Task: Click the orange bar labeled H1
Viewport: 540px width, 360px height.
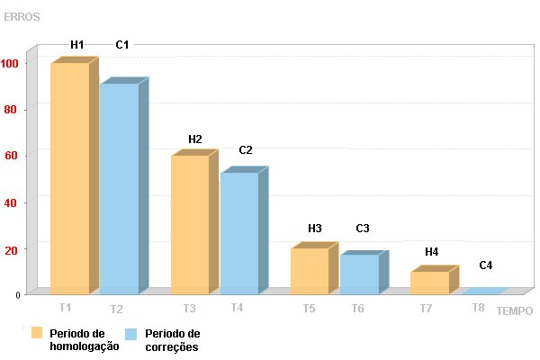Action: pyautogui.click(x=75, y=175)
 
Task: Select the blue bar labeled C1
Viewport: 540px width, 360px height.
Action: pyautogui.click(x=124, y=186)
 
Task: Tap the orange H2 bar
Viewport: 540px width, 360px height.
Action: pyautogui.click(x=194, y=222)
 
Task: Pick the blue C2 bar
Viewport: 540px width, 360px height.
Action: pyautogui.click(x=244, y=230)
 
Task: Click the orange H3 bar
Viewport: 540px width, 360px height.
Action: pyautogui.click(x=314, y=268)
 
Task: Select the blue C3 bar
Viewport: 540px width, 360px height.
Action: pyautogui.click(x=364, y=273)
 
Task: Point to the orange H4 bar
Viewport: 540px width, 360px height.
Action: pyautogui.click(x=435, y=280)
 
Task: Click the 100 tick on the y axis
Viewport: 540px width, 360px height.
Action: pyautogui.click(x=9, y=63)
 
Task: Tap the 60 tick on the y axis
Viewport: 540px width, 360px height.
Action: pyautogui.click(x=11, y=156)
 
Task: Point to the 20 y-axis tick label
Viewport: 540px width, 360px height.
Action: pyautogui.click(x=11, y=250)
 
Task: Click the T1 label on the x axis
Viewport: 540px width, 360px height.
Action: pyautogui.click(x=66, y=307)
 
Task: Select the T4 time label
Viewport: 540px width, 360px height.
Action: pyautogui.click(x=237, y=307)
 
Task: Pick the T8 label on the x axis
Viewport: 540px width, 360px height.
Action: pyautogui.click(x=479, y=307)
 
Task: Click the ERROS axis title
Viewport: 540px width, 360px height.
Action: pyautogui.click(x=22, y=17)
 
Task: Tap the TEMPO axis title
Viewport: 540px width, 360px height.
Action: pyautogui.click(x=515, y=311)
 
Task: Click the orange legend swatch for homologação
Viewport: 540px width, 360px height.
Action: pyautogui.click(x=37, y=333)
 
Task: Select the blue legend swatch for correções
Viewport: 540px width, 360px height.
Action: pyautogui.click(x=130, y=334)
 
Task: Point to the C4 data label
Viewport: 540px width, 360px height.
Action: pyautogui.click(x=486, y=265)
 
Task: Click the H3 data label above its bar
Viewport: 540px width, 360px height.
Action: pyautogui.click(x=315, y=229)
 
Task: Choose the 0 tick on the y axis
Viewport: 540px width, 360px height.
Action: pyautogui.click(x=18, y=295)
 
